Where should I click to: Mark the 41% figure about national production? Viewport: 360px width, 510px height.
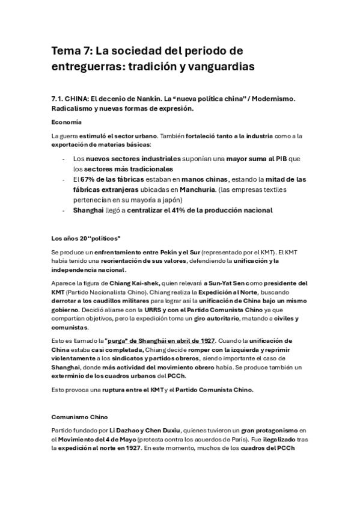(x=186, y=210)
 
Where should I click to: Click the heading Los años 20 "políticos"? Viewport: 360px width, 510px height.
(x=86, y=238)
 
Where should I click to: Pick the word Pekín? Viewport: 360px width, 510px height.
(x=164, y=253)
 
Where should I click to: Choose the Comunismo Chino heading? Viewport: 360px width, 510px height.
(x=79, y=414)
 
